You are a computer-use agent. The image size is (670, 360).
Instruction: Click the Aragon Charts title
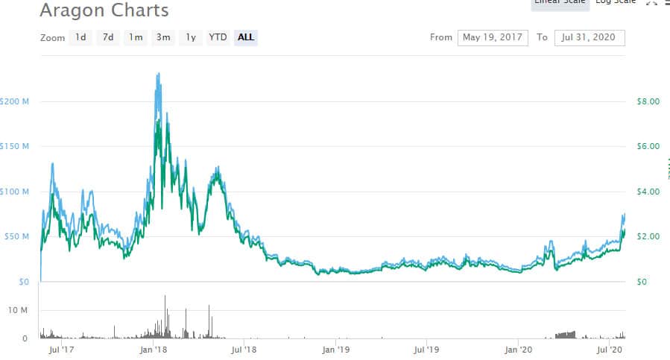pos(104,10)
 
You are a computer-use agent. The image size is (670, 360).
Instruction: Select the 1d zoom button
pos(80,37)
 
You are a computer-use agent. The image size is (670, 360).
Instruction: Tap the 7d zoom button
pos(108,37)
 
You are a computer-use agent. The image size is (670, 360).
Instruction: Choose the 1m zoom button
pos(136,37)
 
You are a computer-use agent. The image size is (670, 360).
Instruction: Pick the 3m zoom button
pos(163,37)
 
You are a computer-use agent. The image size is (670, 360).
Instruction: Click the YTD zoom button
pos(218,37)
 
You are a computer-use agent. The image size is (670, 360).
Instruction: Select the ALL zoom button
pos(246,37)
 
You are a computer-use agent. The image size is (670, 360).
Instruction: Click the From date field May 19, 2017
pos(493,37)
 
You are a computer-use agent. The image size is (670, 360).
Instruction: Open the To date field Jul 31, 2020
pos(590,37)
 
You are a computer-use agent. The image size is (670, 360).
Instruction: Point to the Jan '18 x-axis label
pos(153,348)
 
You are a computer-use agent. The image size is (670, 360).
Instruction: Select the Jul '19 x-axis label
pos(427,348)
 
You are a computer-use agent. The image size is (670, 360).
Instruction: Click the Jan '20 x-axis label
pos(519,348)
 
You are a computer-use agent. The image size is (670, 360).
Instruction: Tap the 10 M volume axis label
pos(18,309)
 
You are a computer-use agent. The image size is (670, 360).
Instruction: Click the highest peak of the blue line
pos(158,73)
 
